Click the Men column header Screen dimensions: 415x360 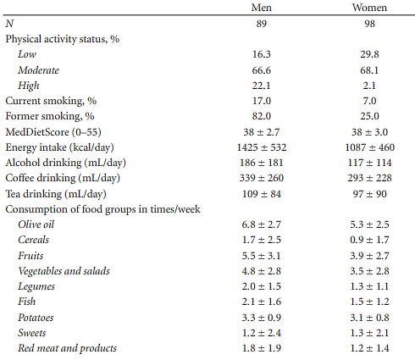[262, 8]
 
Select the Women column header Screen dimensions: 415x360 [369, 8]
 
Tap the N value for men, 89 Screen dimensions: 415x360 [262, 24]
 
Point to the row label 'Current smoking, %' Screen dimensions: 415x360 [51, 101]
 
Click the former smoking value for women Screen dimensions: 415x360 [369, 116]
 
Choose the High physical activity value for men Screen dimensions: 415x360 [262, 86]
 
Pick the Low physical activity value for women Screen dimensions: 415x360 [369, 54]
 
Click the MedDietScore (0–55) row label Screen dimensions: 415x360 [53, 132]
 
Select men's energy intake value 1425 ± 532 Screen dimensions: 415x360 [262, 147]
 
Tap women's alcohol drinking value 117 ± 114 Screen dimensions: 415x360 [369, 163]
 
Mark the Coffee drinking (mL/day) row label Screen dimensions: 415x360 [63, 178]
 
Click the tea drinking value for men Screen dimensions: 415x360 [262, 194]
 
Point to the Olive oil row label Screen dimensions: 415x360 [36, 224]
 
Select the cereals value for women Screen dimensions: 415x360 [369, 240]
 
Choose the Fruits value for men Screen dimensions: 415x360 [262, 256]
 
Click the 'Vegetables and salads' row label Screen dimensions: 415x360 [64, 271]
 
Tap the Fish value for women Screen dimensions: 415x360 [369, 302]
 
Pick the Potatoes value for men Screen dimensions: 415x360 [262, 318]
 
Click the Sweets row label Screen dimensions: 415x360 [32, 333]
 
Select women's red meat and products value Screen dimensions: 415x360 [369, 348]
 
